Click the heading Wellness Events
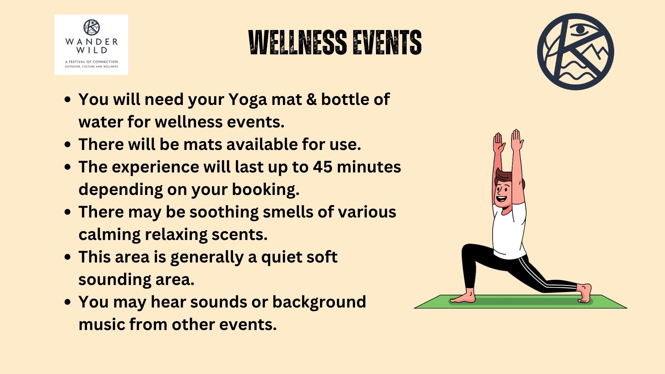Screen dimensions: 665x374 point(335,42)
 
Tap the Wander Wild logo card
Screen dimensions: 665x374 point(91,45)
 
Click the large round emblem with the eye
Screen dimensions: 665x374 point(575,52)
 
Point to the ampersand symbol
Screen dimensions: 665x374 point(311,99)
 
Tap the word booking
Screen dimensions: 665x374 point(265,190)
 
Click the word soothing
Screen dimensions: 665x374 point(224,212)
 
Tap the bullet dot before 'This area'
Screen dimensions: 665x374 point(68,257)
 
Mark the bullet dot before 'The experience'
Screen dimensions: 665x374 point(68,167)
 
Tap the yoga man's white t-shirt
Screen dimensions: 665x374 point(509,231)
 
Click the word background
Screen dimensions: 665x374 point(319,302)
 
